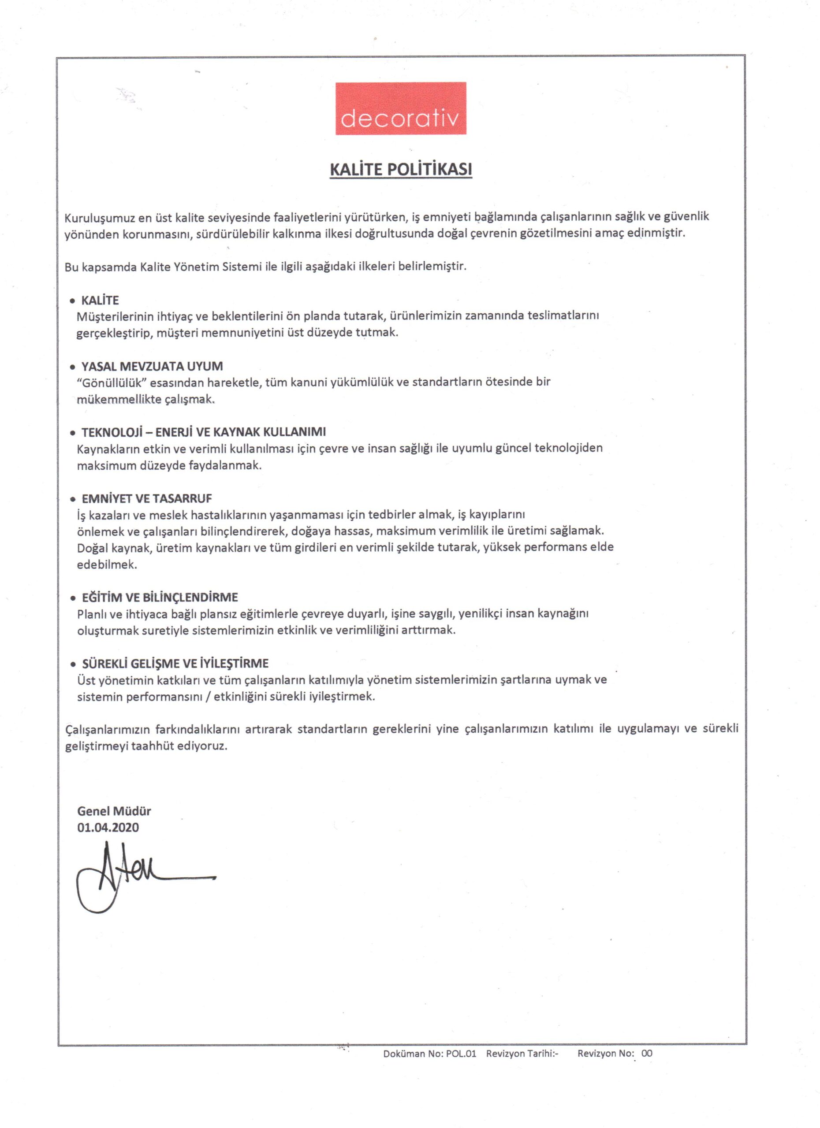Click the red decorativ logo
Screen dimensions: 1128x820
tap(401, 108)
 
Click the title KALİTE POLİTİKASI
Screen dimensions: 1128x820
tap(401, 170)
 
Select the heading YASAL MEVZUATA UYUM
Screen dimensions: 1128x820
tap(152, 367)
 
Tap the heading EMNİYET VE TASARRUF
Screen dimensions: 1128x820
tap(147, 498)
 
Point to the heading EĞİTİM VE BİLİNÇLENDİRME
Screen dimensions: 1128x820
tap(160, 597)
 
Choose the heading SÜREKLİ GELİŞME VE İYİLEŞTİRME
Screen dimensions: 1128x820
tap(175, 664)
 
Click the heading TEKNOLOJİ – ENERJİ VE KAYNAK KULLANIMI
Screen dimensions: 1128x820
tap(204, 432)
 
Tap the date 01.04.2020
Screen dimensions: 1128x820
tap(108, 827)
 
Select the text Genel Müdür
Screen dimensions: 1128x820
tap(114, 811)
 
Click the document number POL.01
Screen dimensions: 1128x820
tap(461, 1054)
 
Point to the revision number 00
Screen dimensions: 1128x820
tap(647, 1053)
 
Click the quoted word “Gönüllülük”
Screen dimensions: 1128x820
tap(113, 383)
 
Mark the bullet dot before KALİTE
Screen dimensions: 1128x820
tap(73, 301)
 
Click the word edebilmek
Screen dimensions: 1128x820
tap(107, 564)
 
